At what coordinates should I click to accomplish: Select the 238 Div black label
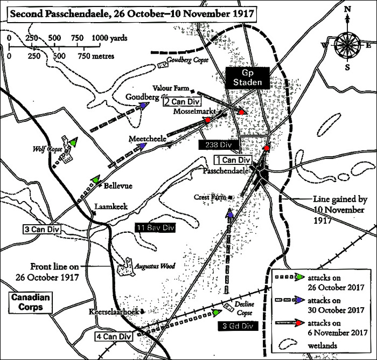218,145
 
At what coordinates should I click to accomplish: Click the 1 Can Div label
232,160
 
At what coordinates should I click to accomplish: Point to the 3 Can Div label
41,229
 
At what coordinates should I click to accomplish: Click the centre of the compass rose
347,45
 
